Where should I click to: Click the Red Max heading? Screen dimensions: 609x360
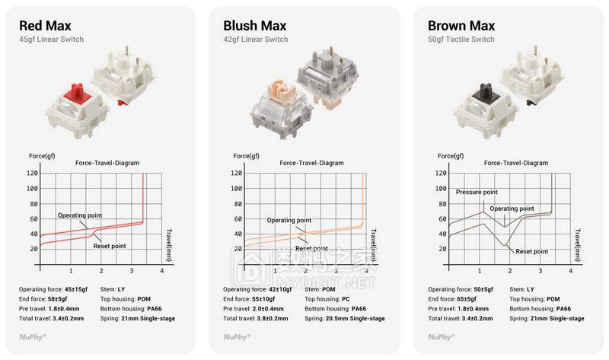[45, 26]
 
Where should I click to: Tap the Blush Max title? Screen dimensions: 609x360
[255, 26]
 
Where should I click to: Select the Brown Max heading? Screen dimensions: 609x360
[461, 26]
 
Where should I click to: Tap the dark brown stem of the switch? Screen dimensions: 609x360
[486, 91]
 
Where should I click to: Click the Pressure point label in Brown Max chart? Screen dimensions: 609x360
[477, 192]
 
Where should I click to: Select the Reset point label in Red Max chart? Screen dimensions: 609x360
[110, 246]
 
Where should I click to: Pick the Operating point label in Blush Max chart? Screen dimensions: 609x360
[289, 220]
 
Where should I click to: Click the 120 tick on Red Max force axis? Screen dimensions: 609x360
[32, 174]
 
